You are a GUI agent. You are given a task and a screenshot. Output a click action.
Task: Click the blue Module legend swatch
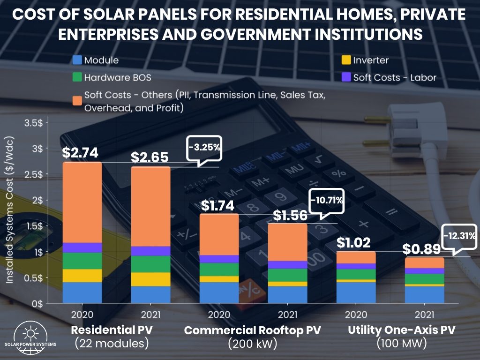77,60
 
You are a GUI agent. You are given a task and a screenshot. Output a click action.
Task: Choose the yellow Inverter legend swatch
346,60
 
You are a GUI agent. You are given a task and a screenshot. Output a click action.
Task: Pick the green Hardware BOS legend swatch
77,77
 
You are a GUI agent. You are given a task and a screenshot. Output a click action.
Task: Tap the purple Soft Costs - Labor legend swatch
346,77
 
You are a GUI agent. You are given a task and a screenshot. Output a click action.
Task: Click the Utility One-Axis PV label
401,330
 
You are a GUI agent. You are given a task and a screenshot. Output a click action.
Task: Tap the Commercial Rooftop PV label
253,330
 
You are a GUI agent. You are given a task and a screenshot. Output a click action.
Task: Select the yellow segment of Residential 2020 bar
82,276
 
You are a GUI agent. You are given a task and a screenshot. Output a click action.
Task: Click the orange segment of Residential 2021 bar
150,206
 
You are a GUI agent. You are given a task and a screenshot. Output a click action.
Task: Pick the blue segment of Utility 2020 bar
356,292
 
